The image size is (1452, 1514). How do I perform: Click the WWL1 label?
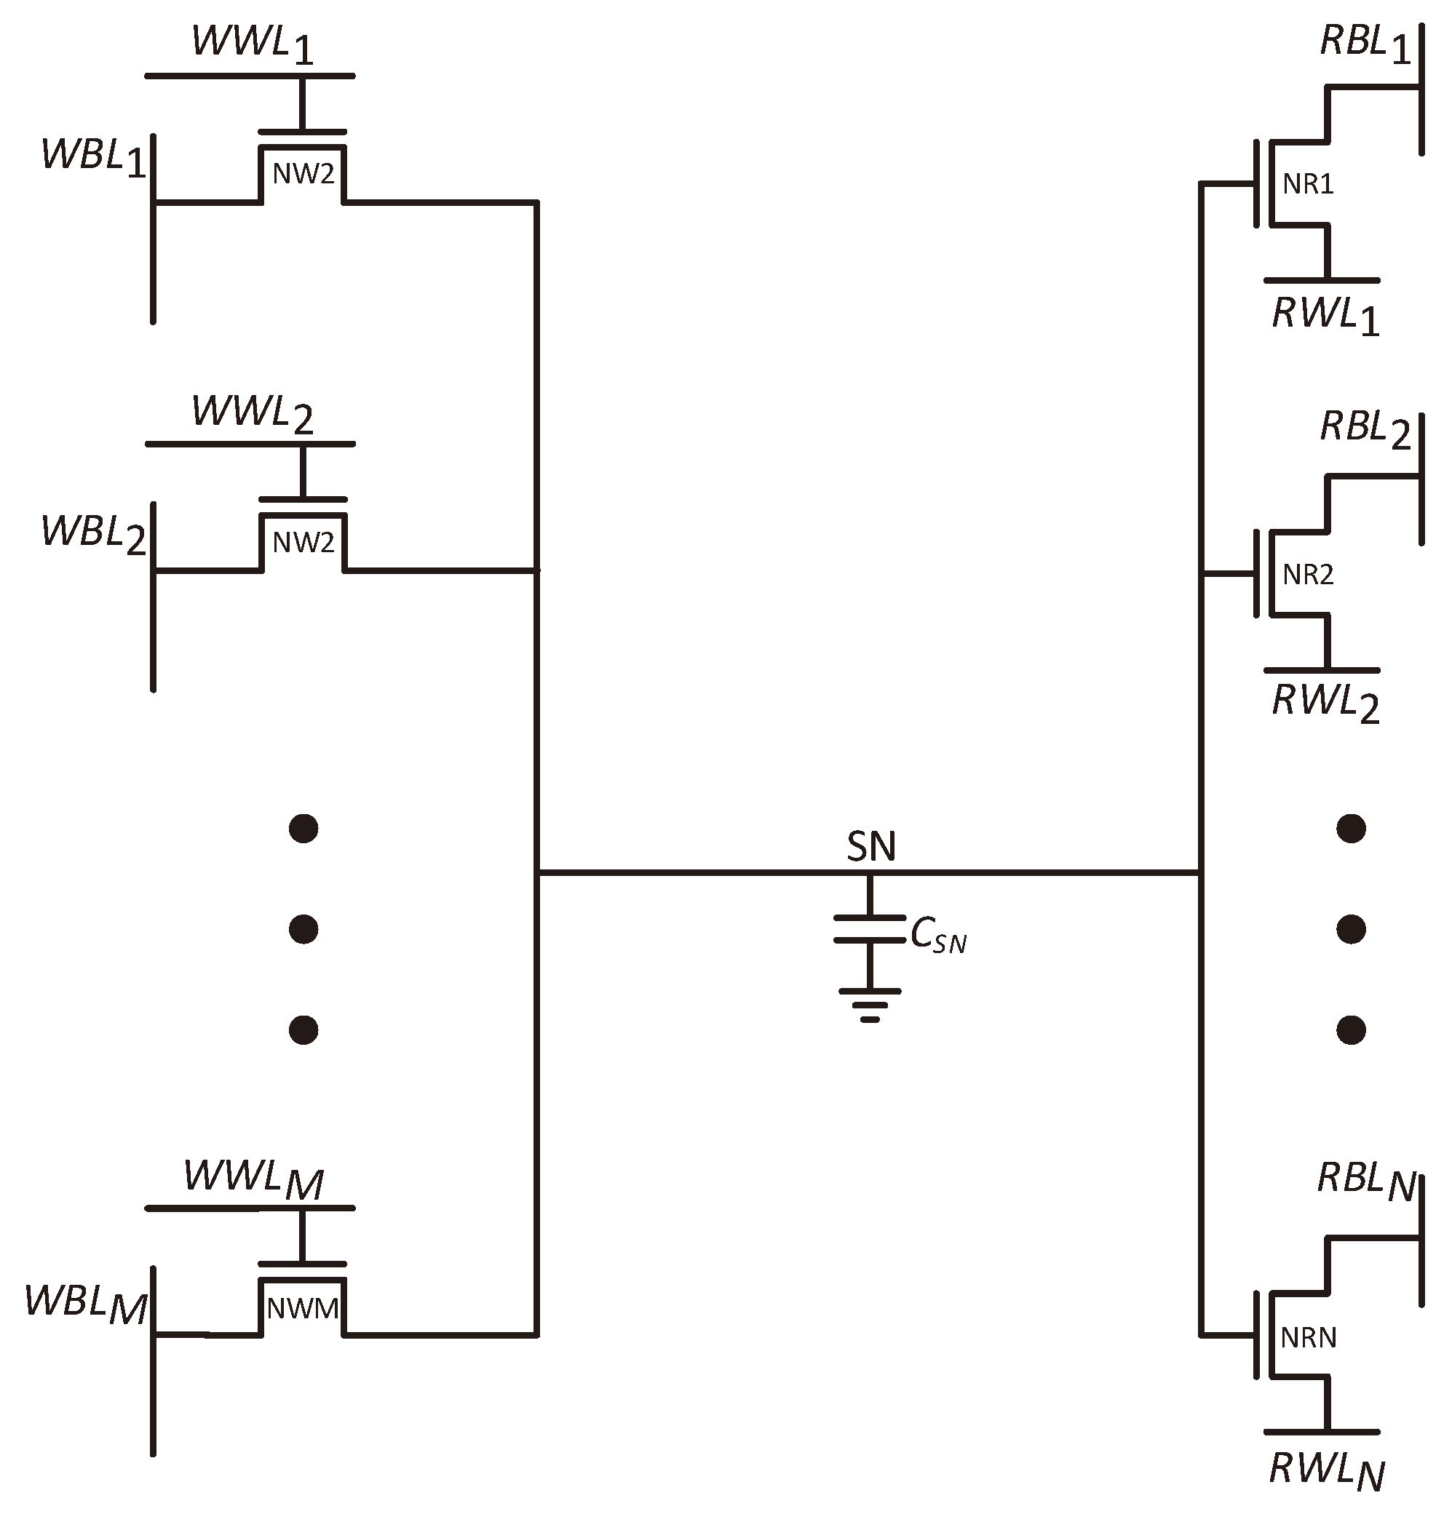click(x=253, y=45)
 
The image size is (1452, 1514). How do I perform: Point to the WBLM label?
click(x=85, y=1303)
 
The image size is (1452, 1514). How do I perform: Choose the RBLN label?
click(x=1365, y=1182)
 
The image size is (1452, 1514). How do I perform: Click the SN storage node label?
click(x=871, y=848)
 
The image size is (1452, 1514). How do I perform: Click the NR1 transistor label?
click(x=1307, y=184)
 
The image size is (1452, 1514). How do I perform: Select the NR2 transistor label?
click(x=1307, y=575)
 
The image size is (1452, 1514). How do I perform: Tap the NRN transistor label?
click(x=1307, y=1338)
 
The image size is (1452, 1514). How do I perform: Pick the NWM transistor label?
click(x=303, y=1309)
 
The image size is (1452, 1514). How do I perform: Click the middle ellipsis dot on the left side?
click(x=303, y=929)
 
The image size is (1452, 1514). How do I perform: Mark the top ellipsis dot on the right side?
click(x=1350, y=829)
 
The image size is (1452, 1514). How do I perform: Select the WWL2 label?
click(x=253, y=414)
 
